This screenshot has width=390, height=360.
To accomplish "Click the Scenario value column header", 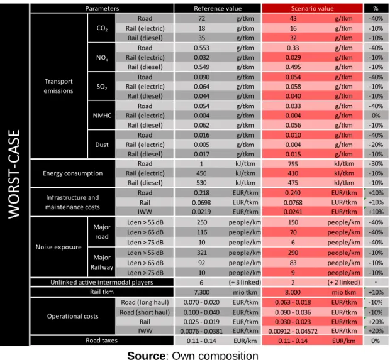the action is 312,8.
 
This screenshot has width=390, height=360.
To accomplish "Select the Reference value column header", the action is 218,8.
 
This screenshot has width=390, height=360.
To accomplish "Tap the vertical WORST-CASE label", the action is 14,175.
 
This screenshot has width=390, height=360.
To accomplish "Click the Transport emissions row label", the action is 58,86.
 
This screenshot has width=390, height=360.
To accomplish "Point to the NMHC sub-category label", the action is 102,116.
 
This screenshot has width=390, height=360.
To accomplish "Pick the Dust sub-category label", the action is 102,145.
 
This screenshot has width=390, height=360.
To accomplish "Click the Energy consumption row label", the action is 72,173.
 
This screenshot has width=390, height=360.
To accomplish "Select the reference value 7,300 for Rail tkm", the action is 201,292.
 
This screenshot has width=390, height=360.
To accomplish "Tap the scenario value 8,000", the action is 292,292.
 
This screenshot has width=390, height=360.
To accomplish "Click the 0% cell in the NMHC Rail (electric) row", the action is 376,116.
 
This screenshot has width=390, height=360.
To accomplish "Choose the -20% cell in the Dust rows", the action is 376,145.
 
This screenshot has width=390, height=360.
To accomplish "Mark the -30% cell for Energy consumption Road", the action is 376,164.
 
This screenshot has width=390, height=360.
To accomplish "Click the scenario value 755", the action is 293,164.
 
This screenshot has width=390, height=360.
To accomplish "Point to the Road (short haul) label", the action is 145,312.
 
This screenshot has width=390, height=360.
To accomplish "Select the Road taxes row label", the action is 102,341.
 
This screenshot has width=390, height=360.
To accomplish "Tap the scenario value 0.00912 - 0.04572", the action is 292,331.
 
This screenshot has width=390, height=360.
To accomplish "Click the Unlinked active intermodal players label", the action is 102,282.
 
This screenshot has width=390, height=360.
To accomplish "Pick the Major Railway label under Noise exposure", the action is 102,262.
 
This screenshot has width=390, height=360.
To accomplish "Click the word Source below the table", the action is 146,356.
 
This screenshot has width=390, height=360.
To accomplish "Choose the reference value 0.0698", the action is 201,203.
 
